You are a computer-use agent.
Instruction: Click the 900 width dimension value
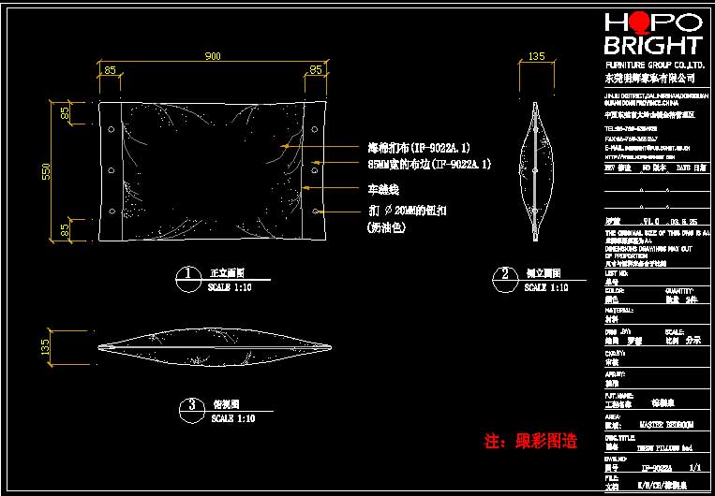click(213, 57)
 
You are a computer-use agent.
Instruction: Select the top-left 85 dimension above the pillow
click(111, 69)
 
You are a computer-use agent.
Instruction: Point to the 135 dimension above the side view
click(535, 57)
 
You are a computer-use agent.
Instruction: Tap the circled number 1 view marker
click(189, 274)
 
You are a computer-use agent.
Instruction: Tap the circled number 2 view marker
click(505, 274)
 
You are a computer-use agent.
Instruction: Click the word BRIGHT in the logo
click(652, 46)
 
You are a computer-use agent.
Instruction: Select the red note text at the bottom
click(529, 440)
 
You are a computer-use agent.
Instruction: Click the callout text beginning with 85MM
click(428, 165)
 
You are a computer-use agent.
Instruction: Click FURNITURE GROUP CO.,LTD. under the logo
click(651, 64)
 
